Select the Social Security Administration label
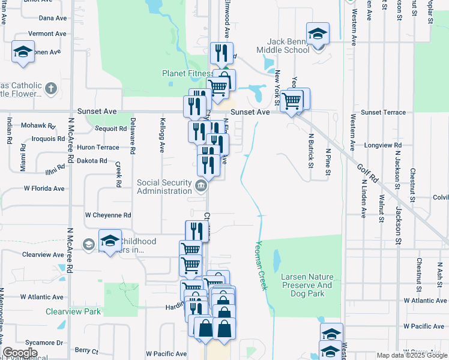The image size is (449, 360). coord(164,187)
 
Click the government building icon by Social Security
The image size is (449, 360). coord(201,185)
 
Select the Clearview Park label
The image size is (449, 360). coord(73,311)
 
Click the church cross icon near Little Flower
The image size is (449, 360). coord(50,89)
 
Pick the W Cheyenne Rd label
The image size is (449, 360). coord(108,215)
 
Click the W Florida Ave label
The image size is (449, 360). coord(44,188)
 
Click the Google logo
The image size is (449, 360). coord(20,353)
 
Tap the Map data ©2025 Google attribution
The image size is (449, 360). coord(412,356)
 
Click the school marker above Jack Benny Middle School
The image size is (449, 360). coord(318,34)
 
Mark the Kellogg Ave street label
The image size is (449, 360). coord(162,136)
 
